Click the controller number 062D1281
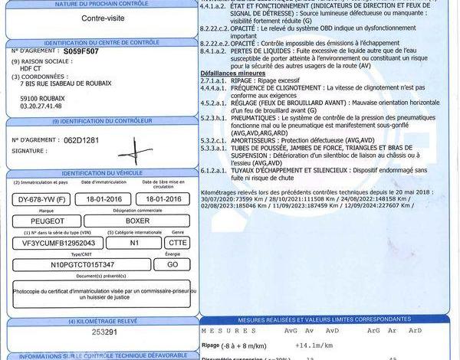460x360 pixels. point(82,140)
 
